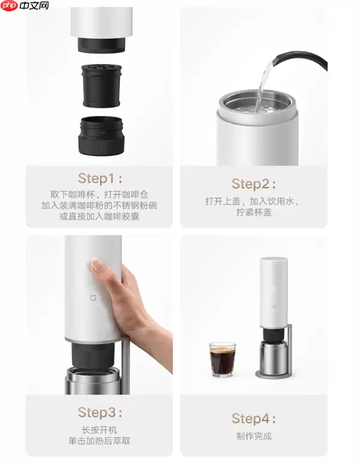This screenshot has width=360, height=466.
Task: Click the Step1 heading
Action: [100, 178]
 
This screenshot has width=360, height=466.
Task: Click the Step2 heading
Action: [254, 184]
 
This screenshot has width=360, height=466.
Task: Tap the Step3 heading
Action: [100, 412]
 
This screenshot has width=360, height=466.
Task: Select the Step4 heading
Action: [254, 419]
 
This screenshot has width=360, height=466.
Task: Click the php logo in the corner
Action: [10, 5]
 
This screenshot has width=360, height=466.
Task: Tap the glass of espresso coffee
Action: [223, 360]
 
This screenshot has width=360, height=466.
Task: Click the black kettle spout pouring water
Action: [300, 61]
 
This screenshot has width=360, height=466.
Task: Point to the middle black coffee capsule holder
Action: [101, 86]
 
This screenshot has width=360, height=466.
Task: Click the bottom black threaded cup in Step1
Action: [101, 136]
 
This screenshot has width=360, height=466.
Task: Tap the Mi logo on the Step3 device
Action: [94, 297]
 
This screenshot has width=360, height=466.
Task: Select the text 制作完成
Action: [254, 436]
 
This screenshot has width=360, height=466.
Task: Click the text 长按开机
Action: [99, 430]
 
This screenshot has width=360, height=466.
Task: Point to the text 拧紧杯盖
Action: [254, 212]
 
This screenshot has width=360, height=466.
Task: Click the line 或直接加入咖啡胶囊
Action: [99, 217]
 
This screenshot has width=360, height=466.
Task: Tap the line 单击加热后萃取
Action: [99, 441]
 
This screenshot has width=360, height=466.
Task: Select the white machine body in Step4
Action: [274, 293]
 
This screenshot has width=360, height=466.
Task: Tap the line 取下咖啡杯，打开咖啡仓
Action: [99, 195]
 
